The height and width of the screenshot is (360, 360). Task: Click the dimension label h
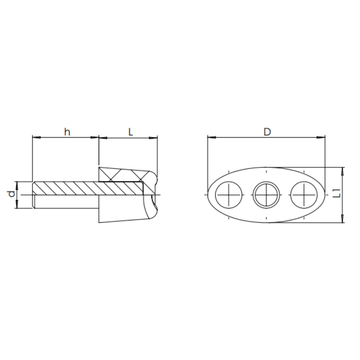pos(67,132)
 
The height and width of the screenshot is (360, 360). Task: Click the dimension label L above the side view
pos(130,132)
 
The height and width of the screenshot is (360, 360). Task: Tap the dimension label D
pos(267,132)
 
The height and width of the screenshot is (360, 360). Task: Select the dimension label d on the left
pos(11,194)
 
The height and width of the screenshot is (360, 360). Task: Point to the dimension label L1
pos(336,193)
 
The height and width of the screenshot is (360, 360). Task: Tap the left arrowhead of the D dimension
pos(211,137)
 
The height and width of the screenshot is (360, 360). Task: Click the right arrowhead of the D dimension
pos(321,137)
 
